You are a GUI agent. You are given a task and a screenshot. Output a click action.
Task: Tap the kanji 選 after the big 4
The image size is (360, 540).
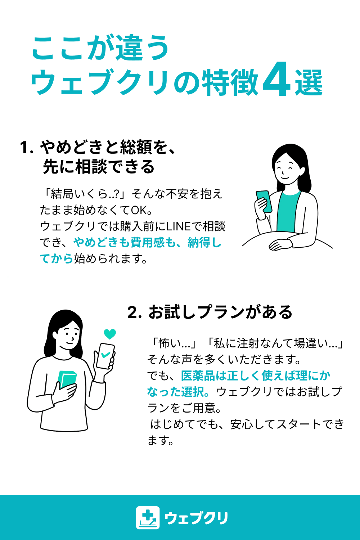309,82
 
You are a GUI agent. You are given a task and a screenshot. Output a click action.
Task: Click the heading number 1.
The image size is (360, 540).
26,148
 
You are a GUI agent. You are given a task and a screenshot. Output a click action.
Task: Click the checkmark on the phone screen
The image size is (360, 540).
105,355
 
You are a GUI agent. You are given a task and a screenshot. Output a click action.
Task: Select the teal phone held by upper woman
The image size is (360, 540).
264,201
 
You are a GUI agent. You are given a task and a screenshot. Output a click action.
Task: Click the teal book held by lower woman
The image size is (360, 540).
67,380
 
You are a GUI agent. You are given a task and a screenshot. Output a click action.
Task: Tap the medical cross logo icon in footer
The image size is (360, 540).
148,518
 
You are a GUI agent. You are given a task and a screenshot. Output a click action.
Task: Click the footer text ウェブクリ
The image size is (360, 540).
196,518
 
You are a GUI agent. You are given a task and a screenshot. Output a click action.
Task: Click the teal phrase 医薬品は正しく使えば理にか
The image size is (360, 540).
256,376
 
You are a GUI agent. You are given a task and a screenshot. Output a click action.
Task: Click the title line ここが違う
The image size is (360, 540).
100,48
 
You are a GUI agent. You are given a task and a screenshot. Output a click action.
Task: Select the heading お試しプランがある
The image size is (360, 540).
220,312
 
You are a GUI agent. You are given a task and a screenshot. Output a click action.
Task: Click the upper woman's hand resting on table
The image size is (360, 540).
280,245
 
